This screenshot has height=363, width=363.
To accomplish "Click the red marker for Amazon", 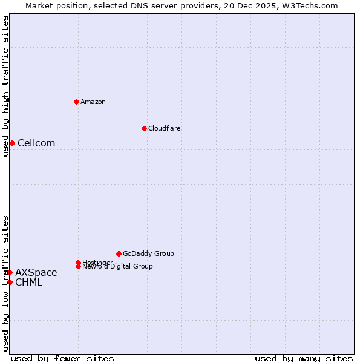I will [x=76, y=102].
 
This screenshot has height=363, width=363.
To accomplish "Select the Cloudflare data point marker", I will [x=144, y=128].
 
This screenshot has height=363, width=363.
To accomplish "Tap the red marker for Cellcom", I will [x=12, y=143].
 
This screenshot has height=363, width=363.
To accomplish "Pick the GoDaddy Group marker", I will [x=119, y=253].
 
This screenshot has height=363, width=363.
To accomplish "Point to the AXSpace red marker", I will [x=10, y=272].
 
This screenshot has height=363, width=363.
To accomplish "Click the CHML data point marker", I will [x=10, y=282].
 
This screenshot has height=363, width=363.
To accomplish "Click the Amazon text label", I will [x=93, y=102].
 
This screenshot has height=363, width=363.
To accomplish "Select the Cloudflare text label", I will [x=165, y=128].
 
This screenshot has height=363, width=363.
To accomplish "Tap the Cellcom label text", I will [x=36, y=143].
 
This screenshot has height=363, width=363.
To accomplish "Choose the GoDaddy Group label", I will [x=148, y=253].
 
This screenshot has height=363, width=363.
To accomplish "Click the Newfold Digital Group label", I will [x=118, y=267].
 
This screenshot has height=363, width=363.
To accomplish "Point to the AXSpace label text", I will [x=36, y=272].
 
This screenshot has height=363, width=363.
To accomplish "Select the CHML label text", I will [x=29, y=282].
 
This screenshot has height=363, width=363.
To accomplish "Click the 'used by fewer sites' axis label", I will [x=62, y=358].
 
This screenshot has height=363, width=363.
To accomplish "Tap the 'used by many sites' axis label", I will [x=304, y=358].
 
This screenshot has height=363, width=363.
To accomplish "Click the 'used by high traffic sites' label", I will [x=5, y=86].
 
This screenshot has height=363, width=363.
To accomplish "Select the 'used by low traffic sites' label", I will [x=5, y=283].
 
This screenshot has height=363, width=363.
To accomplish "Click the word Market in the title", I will [x=39, y=5].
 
